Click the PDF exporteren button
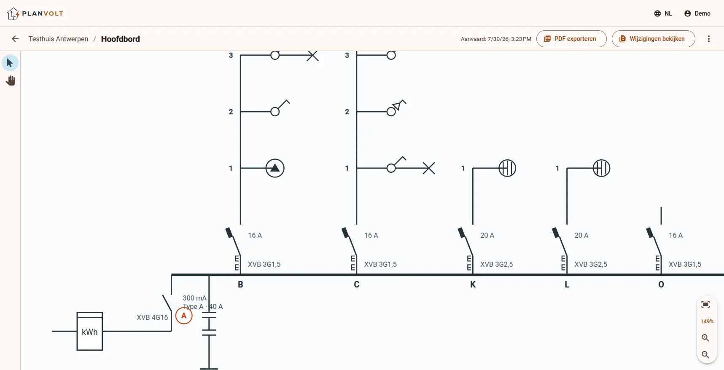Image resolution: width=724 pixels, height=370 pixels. (x=571, y=39)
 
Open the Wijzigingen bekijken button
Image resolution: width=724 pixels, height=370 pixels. (x=653, y=39)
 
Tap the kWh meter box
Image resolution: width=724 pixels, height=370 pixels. (x=90, y=331)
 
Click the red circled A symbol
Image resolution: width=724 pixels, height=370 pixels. (x=184, y=316)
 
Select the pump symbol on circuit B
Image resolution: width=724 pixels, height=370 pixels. (x=275, y=168)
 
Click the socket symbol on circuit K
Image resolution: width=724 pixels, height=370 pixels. (x=507, y=168)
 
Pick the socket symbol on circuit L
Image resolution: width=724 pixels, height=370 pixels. (x=601, y=168)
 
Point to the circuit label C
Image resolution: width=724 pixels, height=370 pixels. (x=357, y=284)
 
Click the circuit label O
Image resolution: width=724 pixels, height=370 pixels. (x=661, y=284)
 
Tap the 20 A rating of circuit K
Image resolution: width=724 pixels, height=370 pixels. (x=487, y=235)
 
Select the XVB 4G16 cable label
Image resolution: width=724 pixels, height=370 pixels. (x=152, y=317)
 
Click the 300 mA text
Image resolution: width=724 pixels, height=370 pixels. (x=194, y=298)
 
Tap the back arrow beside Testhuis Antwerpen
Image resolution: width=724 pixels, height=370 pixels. (x=15, y=39)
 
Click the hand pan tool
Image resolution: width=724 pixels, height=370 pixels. (x=11, y=80)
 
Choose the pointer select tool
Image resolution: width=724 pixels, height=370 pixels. (x=10, y=63)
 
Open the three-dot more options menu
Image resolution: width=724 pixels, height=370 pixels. (x=709, y=39)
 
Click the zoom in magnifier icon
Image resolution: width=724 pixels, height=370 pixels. (x=705, y=338)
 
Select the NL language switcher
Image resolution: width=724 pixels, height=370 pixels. (x=663, y=13)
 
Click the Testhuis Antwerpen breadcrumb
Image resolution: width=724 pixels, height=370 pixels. (x=59, y=39)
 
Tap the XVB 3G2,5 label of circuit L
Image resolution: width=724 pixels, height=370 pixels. (x=591, y=264)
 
